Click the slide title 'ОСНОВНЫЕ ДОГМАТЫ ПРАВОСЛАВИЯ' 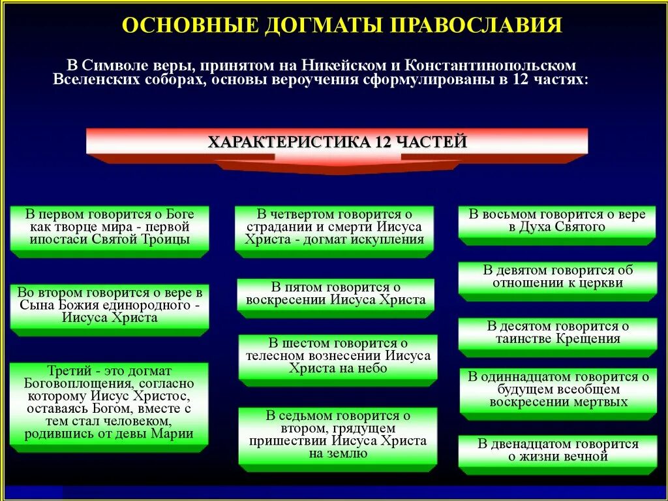[x=342, y=25]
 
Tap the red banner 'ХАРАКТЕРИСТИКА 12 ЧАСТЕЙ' [x=337, y=142]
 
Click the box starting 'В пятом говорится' [x=335, y=295]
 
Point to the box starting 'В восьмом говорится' [x=556, y=221]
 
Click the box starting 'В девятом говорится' [x=557, y=277]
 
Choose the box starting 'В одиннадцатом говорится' [x=557, y=390]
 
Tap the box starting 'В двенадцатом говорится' [x=557, y=451]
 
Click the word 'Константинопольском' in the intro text [x=490, y=66]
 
